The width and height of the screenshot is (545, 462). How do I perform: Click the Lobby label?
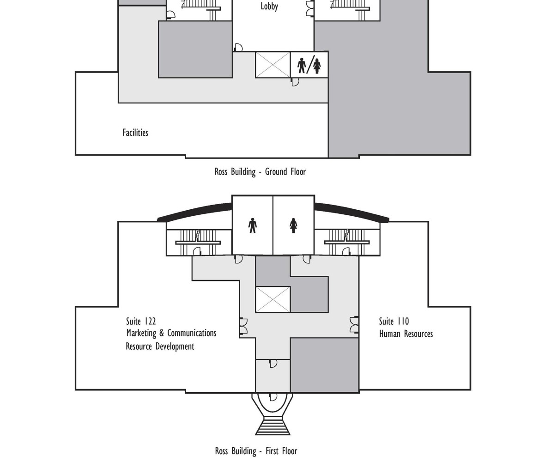coord(269,6)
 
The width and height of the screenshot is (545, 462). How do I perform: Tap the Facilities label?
coord(135,133)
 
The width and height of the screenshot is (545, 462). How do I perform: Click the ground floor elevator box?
coord(273,65)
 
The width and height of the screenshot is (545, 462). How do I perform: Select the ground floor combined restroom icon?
coord(309,65)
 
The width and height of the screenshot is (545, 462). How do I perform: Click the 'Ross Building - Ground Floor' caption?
coord(260,172)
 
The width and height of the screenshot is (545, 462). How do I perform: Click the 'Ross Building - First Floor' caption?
coord(256,451)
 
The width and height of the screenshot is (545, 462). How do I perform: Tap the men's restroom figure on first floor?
coord(252,225)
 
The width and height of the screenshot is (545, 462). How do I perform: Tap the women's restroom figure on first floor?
coord(293,225)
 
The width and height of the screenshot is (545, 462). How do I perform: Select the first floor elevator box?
coord(273,299)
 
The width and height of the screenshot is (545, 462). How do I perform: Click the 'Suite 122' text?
coord(141,321)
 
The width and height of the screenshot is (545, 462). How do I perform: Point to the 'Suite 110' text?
coord(394,321)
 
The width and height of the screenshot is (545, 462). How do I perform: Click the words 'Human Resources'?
coord(406,334)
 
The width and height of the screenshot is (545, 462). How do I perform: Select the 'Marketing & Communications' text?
coord(171,333)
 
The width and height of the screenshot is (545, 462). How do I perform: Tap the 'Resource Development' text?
coord(160,346)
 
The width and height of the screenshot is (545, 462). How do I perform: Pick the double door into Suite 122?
coord(243,326)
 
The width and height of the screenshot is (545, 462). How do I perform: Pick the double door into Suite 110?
coord(354,325)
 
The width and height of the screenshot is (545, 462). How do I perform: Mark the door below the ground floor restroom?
coord(295,82)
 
